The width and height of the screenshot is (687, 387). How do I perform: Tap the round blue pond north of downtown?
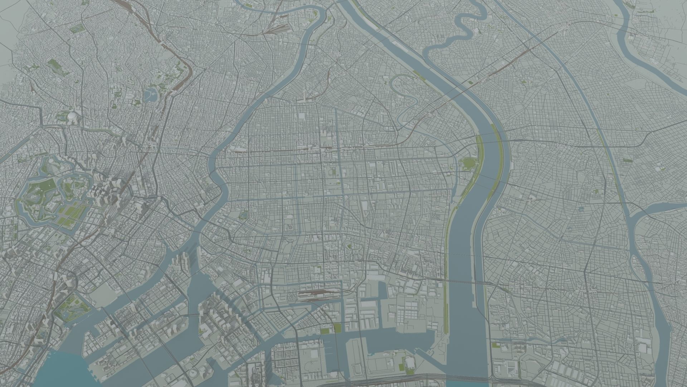(x=151, y=95)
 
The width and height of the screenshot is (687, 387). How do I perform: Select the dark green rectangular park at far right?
(x=627, y=160)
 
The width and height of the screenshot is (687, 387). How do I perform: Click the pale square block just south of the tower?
(x=301, y=116)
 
